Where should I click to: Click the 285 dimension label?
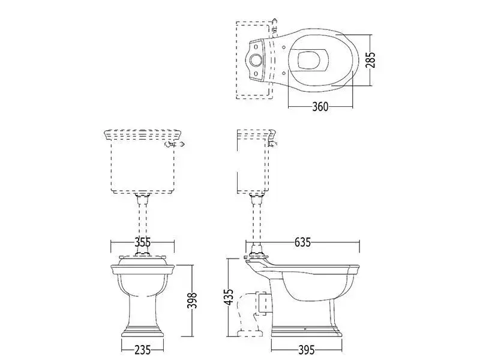[x=370, y=60]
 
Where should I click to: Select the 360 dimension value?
[x=320, y=107]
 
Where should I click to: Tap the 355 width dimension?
[x=142, y=242]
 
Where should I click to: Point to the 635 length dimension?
[x=302, y=242]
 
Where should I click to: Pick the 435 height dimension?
[x=229, y=296]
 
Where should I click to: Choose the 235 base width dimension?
[x=142, y=349]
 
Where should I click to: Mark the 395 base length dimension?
[x=306, y=349]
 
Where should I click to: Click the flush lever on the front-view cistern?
[x=175, y=144]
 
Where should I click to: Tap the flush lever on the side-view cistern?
[x=272, y=143]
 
